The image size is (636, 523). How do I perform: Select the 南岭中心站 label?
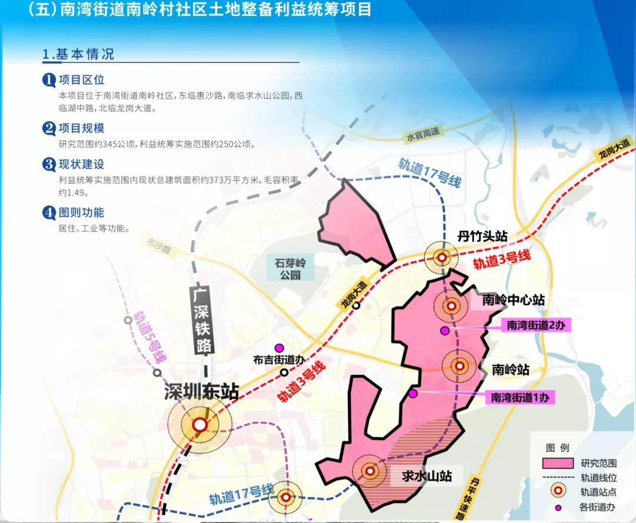point(512,300)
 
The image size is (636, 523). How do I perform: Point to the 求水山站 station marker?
point(370,471)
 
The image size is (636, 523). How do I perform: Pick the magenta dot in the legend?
point(558,507)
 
